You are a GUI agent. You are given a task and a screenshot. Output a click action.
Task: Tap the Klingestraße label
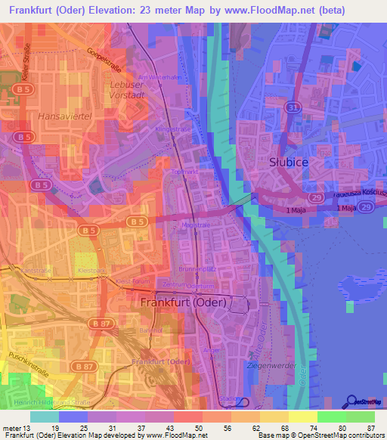pyautogui.click(x=172, y=129)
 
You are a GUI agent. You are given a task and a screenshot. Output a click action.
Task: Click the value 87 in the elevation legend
pyautogui.click(x=370, y=427)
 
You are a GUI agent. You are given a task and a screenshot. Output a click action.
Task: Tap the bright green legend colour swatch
pyautogui.click(x=331, y=417)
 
